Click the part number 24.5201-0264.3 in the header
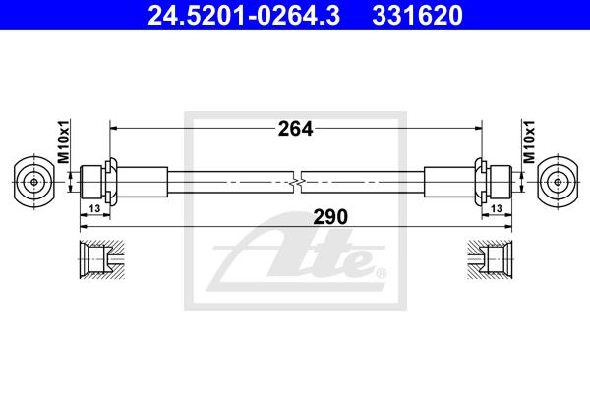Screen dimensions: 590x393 [244, 16]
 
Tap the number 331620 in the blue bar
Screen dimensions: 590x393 [417, 16]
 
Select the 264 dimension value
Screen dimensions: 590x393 [295, 129]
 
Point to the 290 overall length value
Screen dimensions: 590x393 [330, 217]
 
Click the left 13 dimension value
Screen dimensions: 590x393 [94, 208]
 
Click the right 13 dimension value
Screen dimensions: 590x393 [497, 208]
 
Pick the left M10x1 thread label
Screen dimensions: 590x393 [64, 141]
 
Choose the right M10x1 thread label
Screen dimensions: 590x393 [528, 141]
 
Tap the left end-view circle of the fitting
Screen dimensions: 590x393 [33, 182]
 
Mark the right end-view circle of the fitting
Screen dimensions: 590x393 [558, 182]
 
